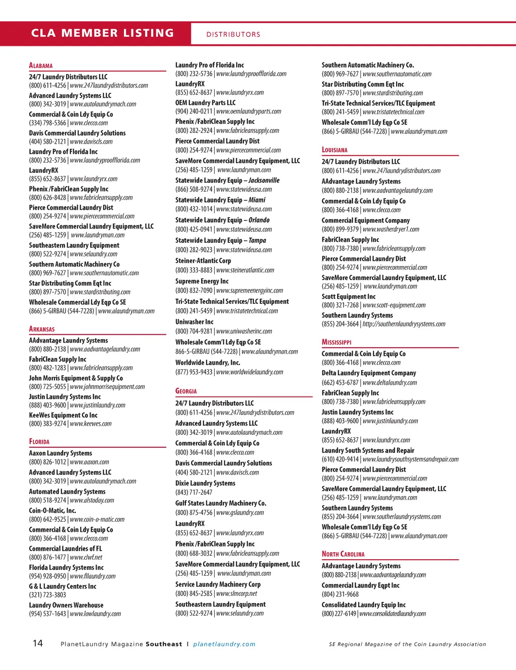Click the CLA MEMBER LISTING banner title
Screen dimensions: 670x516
click(102, 33)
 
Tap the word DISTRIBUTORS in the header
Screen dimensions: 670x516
click(233, 35)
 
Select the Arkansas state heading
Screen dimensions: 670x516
click(42, 329)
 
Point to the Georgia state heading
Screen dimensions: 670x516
click(186, 391)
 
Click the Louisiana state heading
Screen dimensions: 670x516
click(335, 150)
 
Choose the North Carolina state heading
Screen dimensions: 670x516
click(343, 554)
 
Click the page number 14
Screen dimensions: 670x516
click(38, 643)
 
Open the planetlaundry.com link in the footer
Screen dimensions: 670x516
click(224, 644)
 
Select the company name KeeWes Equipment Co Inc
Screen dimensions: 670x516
click(63, 415)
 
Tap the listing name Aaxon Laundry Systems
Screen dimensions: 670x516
click(60, 453)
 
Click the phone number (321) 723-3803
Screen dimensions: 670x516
click(47, 595)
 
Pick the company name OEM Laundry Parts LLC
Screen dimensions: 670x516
click(206, 102)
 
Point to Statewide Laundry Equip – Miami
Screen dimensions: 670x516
click(220, 200)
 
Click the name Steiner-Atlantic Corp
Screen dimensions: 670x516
click(203, 260)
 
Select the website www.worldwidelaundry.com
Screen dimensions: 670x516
click(249, 372)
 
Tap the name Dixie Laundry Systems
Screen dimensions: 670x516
click(205, 483)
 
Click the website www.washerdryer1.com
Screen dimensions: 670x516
click(391, 229)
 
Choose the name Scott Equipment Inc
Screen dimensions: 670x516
click(349, 297)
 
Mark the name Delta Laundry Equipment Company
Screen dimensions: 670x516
click(369, 373)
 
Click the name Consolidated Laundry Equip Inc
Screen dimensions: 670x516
click(364, 605)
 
